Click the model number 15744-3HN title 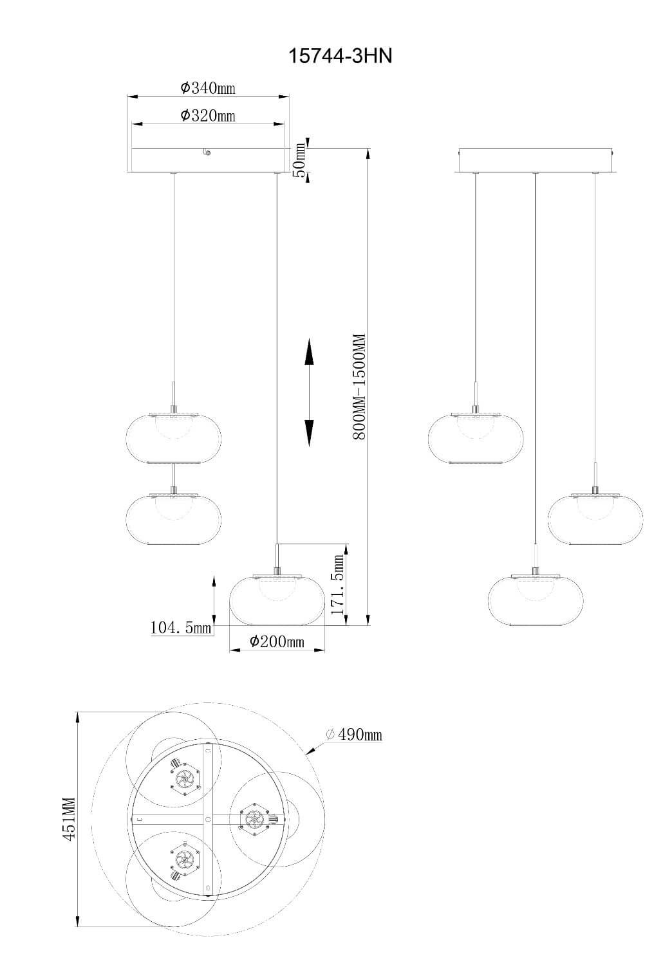[340, 56]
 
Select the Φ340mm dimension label [208, 88]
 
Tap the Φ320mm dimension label [208, 115]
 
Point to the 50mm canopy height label [300, 160]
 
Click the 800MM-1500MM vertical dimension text [359, 387]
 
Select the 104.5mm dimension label [181, 627]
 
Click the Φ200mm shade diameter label [277, 641]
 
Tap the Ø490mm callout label [354, 733]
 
